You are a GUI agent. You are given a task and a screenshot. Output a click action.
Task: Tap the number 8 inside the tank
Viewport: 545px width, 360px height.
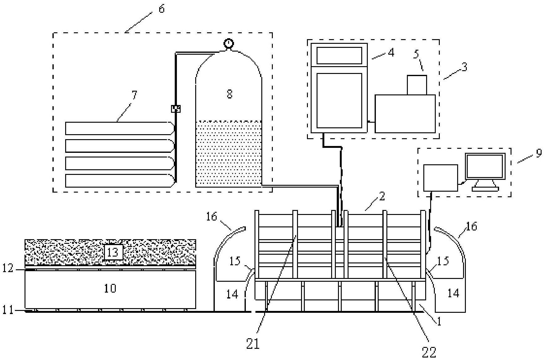[x=229, y=93]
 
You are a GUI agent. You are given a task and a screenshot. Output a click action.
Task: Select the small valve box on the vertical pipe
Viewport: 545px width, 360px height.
[x=176, y=108]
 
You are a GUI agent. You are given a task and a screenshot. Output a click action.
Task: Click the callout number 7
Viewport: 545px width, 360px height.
[x=134, y=95]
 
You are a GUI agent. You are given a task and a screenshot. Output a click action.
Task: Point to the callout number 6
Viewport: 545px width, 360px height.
[x=161, y=9]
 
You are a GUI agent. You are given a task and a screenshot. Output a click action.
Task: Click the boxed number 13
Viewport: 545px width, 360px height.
[x=113, y=252]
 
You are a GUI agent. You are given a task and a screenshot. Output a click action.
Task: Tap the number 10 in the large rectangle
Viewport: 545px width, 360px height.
[x=110, y=288]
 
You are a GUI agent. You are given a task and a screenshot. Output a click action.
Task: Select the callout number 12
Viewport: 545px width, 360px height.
[x=8, y=268]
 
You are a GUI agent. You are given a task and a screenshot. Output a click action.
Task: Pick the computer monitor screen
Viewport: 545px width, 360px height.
[x=485, y=166]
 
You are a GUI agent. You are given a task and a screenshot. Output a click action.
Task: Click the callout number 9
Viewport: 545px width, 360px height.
[x=539, y=153]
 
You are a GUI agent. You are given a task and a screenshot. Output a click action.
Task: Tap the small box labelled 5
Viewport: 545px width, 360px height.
[x=417, y=85]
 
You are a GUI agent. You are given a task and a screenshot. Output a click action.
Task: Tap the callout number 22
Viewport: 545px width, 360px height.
[x=429, y=352]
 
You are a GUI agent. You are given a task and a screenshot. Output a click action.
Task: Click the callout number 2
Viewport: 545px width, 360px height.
[x=382, y=196]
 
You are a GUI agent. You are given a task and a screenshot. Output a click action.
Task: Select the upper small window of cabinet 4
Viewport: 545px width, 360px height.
[x=339, y=55]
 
